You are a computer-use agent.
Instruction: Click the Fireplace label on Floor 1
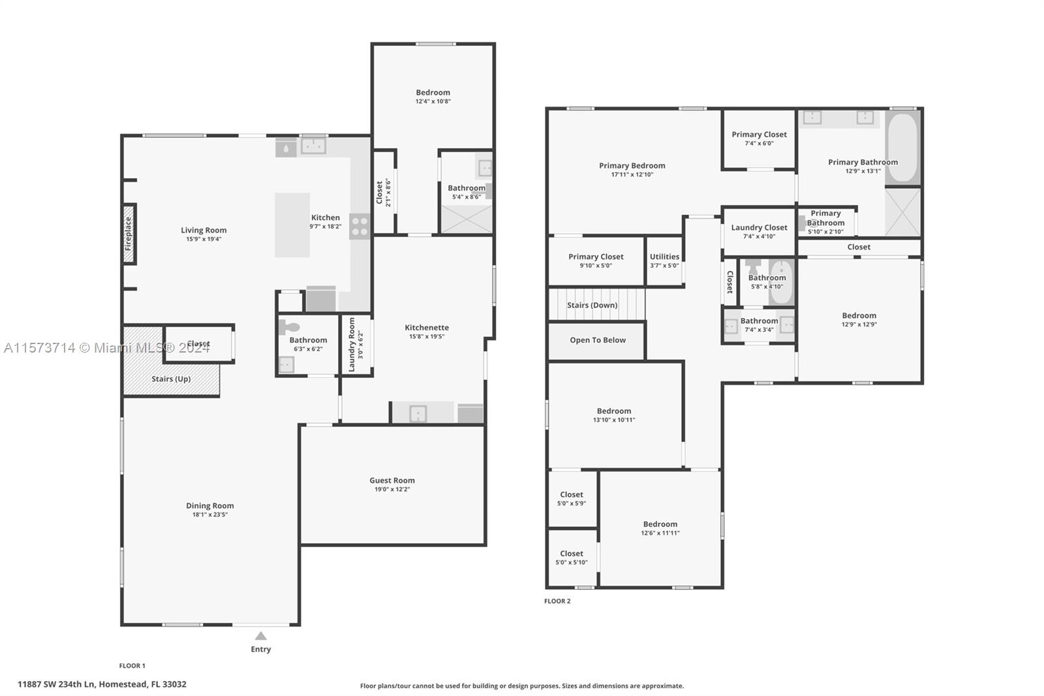[x=128, y=234]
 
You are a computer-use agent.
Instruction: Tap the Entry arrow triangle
[x=261, y=636]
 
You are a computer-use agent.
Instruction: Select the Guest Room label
[x=392, y=480]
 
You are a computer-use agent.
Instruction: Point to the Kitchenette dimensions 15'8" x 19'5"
[x=427, y=336]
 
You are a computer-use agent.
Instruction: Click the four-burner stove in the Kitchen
[x=360, y=227]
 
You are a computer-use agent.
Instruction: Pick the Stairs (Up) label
[x=171, y=379]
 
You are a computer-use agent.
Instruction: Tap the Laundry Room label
[x=352, y=345]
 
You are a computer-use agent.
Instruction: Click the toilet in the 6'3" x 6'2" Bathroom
[x=289, y=327]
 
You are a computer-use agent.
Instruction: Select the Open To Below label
[x=598, y=340]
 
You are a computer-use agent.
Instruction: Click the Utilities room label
[x=665, y=257]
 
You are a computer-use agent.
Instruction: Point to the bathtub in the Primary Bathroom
[x=903, y=148]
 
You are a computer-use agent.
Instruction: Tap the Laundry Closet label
[x=760, y=228]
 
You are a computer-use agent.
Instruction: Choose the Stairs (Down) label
[x=592, y=305]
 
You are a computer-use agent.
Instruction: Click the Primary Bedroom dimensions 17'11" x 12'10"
[x=632, y=174]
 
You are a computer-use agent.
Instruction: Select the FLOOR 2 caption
[x=557, y=601]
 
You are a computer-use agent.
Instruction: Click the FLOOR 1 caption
[x=132, y=666]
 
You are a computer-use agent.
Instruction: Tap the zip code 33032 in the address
[x=174, y=684]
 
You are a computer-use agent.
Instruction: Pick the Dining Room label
[x=209, y=505]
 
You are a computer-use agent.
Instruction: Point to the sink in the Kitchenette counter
[x=418, y=414]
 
